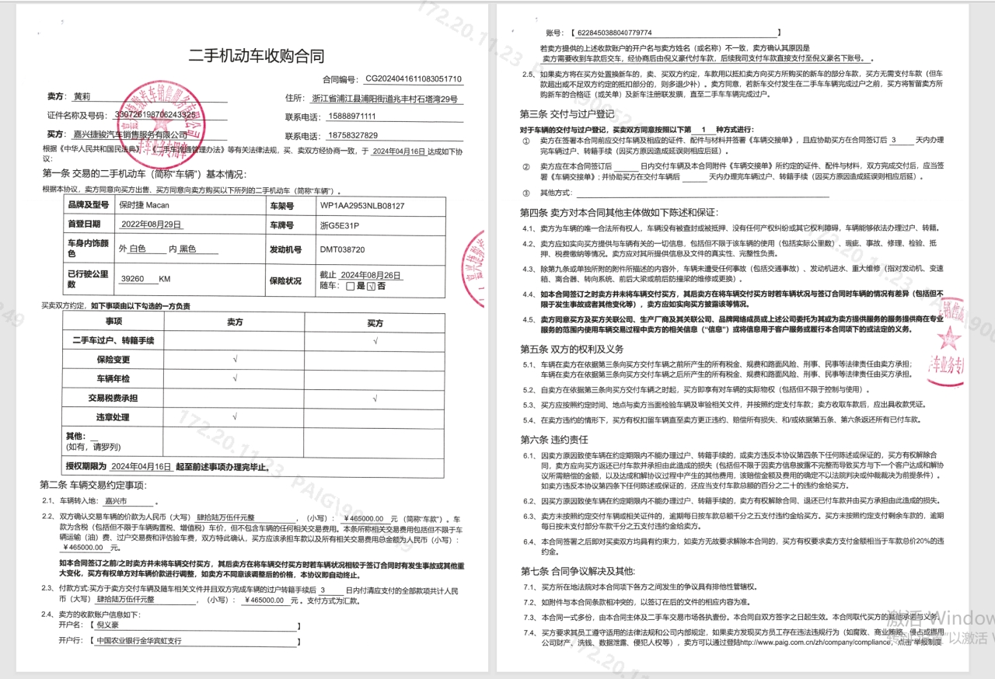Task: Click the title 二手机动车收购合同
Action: [257, 56]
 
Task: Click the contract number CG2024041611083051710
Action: [414, 79]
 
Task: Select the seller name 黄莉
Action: [82, 97]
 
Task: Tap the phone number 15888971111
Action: [351, 117]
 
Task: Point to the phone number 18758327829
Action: [351, 135]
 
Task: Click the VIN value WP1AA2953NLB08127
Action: [361, 207]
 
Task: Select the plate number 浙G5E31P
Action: [340, 225]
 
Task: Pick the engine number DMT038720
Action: [342, 250]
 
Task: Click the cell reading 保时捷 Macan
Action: [145, 206]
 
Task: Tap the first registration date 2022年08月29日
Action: [152, 225]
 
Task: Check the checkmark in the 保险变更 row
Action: [235, 360]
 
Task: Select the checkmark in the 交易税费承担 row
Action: [375, 398]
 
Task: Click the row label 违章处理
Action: [113, 417]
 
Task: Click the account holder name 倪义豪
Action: [108, 625]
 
